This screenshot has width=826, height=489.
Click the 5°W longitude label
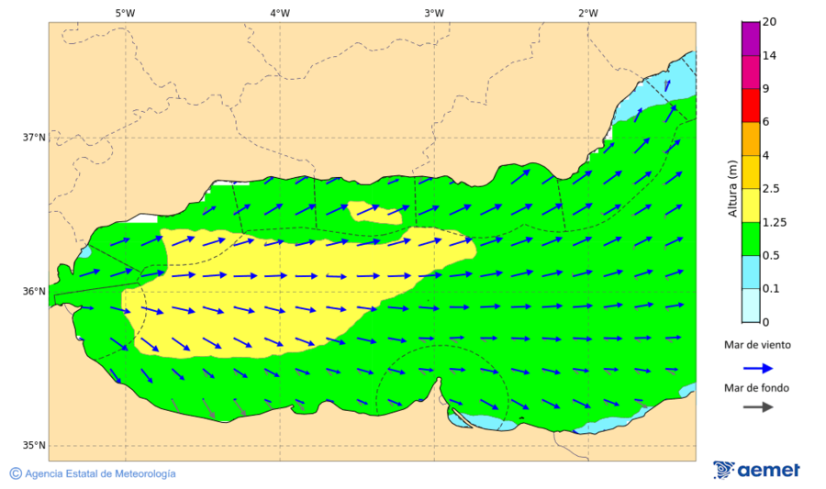click(126, 13)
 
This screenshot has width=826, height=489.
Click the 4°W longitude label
click(280, 13)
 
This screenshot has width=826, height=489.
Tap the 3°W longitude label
click(434, 13)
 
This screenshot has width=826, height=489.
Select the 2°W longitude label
click(588, 13)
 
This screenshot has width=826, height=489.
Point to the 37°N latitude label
click(34, 138)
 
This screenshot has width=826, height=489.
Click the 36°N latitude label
click(34, 292)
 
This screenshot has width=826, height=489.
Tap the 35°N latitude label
click(34, 446)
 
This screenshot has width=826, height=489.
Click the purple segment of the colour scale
click(751, 39)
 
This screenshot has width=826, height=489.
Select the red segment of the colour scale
click(751, 106)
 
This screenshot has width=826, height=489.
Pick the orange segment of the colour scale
click(751, 139)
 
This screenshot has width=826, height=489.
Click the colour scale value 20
click(769, 22)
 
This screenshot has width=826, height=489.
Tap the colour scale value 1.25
click(775, 222)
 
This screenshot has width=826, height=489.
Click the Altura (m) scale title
click(732, 188)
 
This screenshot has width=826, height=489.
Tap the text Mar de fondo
click(756, 388)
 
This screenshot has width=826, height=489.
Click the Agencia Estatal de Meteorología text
click(100, 473)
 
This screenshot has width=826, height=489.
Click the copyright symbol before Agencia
click(16, 473)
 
